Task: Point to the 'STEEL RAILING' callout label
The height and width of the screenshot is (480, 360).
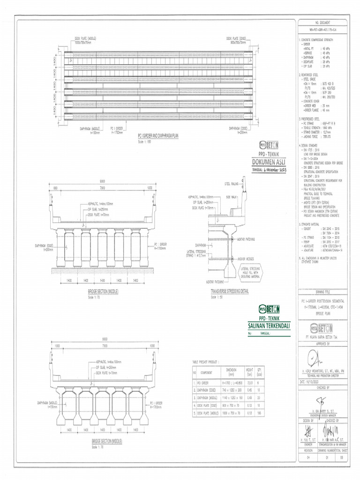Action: [231, 184]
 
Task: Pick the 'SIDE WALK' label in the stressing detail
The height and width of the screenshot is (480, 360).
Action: [231, 198]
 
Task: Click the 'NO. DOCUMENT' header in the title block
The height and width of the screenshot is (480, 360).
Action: [323, 22]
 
